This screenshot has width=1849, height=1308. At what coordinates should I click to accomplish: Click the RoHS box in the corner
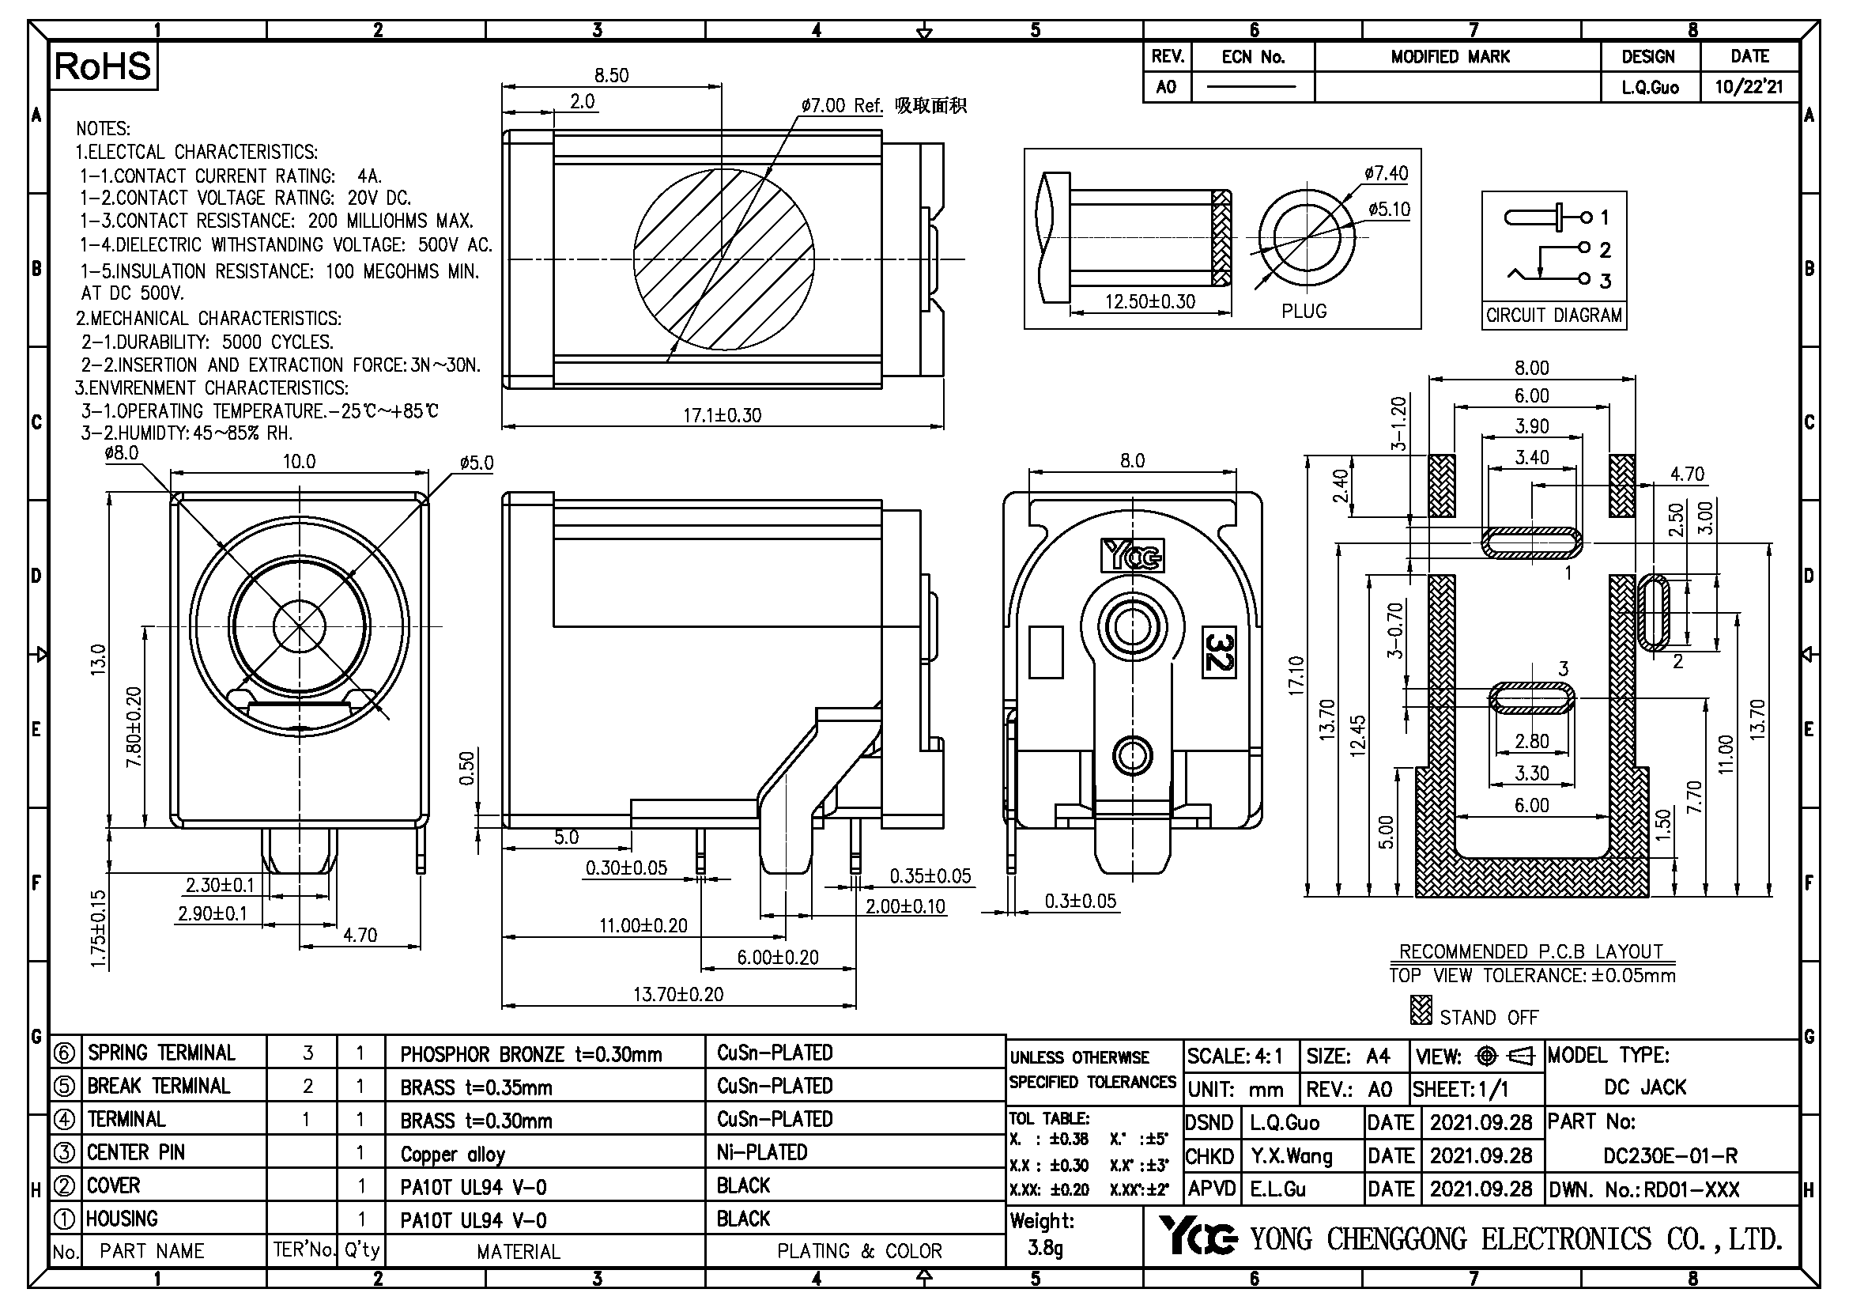click(x=103, y=66)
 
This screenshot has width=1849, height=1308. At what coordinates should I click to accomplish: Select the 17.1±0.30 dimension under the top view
click(x=722, y=416)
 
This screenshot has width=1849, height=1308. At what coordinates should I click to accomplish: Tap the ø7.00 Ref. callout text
click(x=842, y=105)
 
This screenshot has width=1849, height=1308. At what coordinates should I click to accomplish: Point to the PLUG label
click(x=1304, y=311)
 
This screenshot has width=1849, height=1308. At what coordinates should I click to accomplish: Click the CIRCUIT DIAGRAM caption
click(x=1553, y=316)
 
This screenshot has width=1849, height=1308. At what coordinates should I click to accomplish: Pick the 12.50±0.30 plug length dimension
click(x=1149, y=302)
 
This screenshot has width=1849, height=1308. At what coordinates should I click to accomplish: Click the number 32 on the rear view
click(x=1218, y=652)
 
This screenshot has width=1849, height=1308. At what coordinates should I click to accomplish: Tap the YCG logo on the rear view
click(x=1131, y=555)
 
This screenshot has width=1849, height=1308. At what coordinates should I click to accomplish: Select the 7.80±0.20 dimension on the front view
click(x=134, y=727)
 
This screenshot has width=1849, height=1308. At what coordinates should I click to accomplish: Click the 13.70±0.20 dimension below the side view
click(x=678, y=994)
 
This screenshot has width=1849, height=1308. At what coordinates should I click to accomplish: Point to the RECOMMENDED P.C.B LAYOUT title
click(x=1531, y=951)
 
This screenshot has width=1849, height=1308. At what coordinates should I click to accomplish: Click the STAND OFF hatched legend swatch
click(x=1421, y=1010)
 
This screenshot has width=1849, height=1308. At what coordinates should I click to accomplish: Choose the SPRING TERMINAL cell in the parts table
click(x=161, y=1053)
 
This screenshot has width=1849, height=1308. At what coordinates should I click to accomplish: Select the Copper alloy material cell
click(x=453, y=1154)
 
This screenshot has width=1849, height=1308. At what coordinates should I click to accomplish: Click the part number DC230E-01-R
click(x=1670, y=1157)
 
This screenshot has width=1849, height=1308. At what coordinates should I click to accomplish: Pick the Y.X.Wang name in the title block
click(x=1291, y=1157)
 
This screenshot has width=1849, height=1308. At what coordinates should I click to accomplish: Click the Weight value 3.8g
click(x=1045, y=1249)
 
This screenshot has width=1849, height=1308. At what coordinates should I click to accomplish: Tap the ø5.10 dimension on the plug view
click(x=1389, y=210)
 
